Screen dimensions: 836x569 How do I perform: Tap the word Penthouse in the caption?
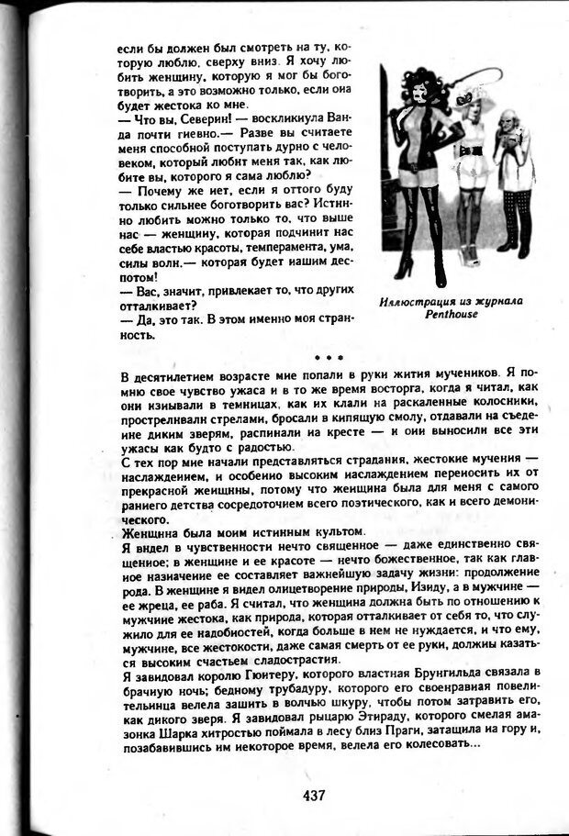point(452,313)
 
